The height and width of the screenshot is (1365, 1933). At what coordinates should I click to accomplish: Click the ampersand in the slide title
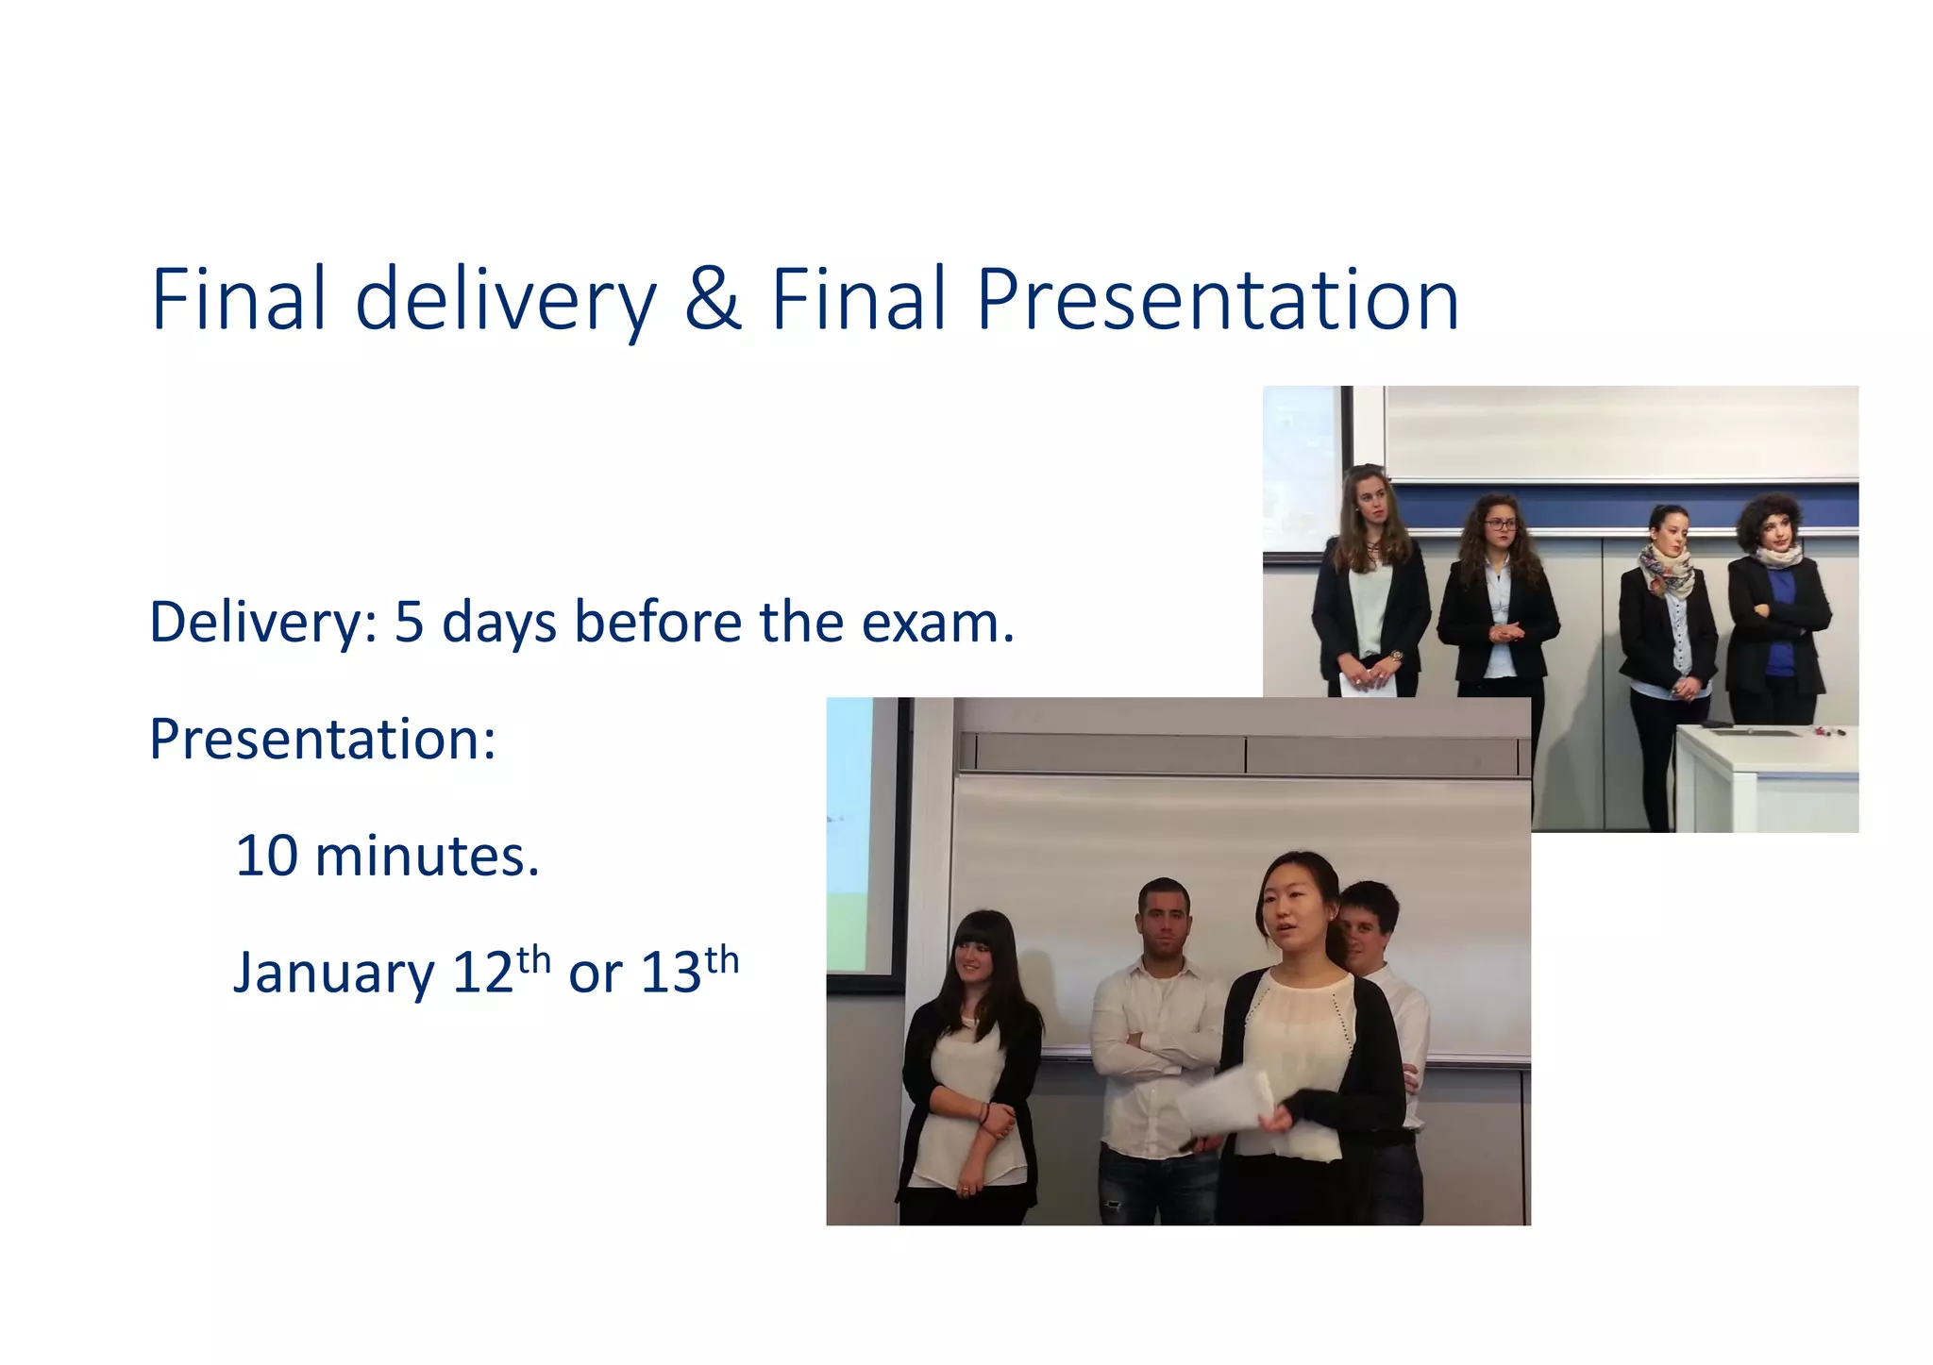coord(714,300)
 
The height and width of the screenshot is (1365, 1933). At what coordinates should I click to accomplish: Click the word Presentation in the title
coord(1218,300)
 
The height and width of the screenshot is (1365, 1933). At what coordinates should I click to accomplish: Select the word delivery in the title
coord(505,300)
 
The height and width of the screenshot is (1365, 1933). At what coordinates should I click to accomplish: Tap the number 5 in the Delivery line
coord(409,623)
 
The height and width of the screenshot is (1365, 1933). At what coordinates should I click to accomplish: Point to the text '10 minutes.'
coord(387,856)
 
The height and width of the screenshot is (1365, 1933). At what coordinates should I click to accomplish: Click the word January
coord(333,973)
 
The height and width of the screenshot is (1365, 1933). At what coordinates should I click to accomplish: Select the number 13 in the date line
coord(671,973)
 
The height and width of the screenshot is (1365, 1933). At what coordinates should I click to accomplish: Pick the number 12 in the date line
coord(482,973)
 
